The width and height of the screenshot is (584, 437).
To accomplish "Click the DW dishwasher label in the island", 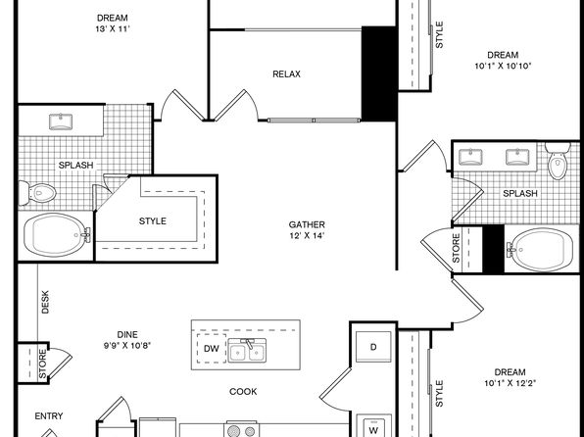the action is (x=212, y=349).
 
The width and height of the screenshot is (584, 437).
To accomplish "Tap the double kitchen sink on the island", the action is (x=247, y=350).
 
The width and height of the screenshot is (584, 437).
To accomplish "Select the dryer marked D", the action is (x=373, y=347).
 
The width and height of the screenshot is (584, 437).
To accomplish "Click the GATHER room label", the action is (x=307, y=224).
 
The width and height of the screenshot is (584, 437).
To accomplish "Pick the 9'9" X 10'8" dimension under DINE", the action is (x=127, y=345).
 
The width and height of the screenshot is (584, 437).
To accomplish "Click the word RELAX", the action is (x=286, y=74).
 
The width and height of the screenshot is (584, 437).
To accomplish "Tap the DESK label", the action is (x=45, y=302).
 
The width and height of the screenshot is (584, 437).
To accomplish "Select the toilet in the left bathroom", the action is (x=37, y=193).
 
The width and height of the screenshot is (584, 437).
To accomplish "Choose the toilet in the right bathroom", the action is (x=558, y=161).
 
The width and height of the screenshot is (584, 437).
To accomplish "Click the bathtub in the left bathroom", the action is (x=57, y=235).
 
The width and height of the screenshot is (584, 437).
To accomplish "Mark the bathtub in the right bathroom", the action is (x=540, y=250).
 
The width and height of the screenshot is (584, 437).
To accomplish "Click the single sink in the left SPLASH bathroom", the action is (x=61, y=121).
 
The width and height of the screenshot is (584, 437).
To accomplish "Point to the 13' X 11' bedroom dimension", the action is (x=113, y=29).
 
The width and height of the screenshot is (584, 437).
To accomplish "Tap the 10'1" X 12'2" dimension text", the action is (x=510, y=383).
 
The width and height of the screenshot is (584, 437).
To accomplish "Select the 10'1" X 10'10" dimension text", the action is (x=503, y=66).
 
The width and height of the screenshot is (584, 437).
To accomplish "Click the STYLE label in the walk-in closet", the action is (x=153, y=220).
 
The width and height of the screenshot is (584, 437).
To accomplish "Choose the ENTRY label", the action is (x=49, y=415).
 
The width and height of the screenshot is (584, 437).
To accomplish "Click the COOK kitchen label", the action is (x=243, y=392).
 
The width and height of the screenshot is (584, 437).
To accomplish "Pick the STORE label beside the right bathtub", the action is (x=457, y=248).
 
